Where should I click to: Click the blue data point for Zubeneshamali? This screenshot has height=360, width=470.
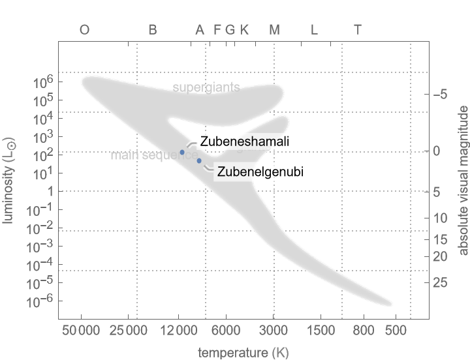point(183,152)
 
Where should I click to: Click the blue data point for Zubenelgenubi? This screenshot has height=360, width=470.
point(199,160)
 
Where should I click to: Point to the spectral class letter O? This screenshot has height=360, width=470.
point(84,30)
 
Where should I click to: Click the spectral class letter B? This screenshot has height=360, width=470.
point(153,30)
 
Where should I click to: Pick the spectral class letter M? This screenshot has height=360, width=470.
point(274,30)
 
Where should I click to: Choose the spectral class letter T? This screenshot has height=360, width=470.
point(357,30)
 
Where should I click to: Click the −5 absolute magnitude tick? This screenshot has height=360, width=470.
point(439,95)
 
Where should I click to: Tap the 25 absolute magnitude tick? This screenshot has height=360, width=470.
point(439,282)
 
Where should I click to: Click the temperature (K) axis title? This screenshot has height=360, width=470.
point(243,353)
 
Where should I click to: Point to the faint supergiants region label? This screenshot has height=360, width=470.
point(206,87)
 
